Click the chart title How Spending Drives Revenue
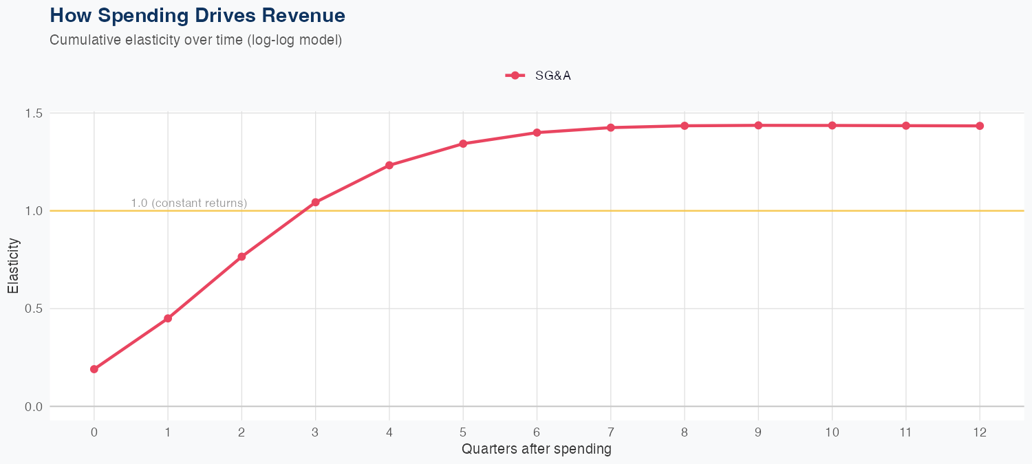coord(197,15)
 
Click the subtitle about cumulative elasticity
coord(195,40)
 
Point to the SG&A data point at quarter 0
coord(94,369)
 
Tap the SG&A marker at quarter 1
coord(168,318)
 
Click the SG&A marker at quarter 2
coord(241,256)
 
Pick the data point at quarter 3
coord(316,202)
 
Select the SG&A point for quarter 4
coord(389,165)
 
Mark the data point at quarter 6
coord(537,133)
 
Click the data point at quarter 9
coord(758,125)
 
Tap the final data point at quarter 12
coord(980,126)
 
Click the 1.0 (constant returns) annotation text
coord(189,203)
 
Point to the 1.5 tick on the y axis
coord(33,113)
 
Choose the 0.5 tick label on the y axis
coord(33,309)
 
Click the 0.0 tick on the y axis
coord(33,406)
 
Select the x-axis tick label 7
coord(610,432)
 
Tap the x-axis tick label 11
coord(906,432)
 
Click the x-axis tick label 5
coord(463,432)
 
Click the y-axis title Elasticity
coord(14,266)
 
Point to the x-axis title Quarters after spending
coord(537,450)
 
